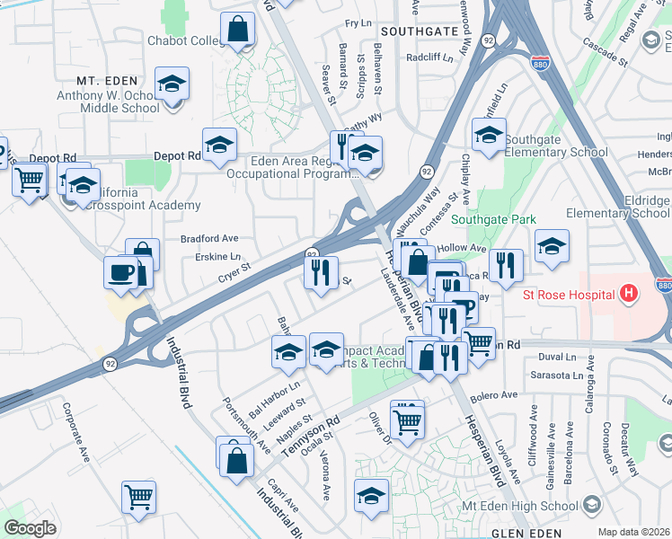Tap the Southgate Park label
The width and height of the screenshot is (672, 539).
tap(493, 220)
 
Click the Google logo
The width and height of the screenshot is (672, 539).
tap(30, 528)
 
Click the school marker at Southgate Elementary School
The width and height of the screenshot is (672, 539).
tap(489, 135)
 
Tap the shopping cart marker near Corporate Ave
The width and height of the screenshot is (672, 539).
tap(138, 497)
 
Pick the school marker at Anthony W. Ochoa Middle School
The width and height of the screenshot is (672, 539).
tap(172, 84)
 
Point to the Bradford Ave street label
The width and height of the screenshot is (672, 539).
tap(209, 239)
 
